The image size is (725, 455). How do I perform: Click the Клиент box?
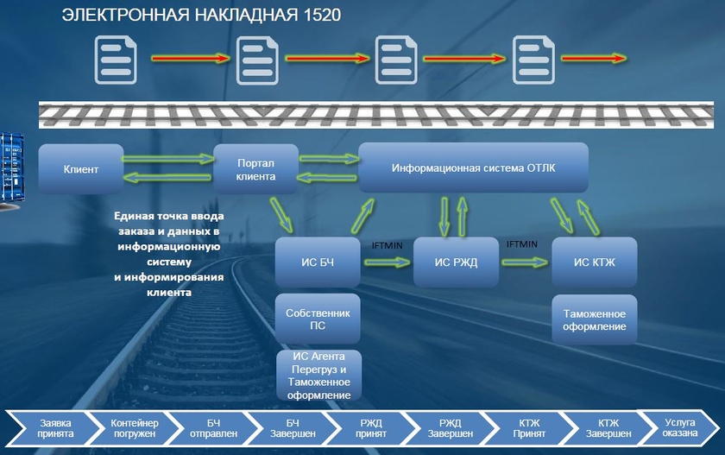81,169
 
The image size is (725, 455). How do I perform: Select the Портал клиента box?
255,168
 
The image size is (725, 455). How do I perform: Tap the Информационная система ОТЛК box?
473,167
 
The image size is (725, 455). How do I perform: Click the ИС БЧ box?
318,262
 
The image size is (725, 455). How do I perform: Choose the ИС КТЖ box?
594,262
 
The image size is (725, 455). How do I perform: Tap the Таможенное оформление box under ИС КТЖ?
594,319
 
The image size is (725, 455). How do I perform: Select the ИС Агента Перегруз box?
318,376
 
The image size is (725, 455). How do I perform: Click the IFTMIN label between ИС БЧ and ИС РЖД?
388,246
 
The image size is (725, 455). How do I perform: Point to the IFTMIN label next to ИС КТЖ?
521,244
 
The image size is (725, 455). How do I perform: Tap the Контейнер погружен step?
135,428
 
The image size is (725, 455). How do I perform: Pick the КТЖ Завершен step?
603,428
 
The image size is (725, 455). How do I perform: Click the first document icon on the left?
114,59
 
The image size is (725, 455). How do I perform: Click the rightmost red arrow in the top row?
594,59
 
